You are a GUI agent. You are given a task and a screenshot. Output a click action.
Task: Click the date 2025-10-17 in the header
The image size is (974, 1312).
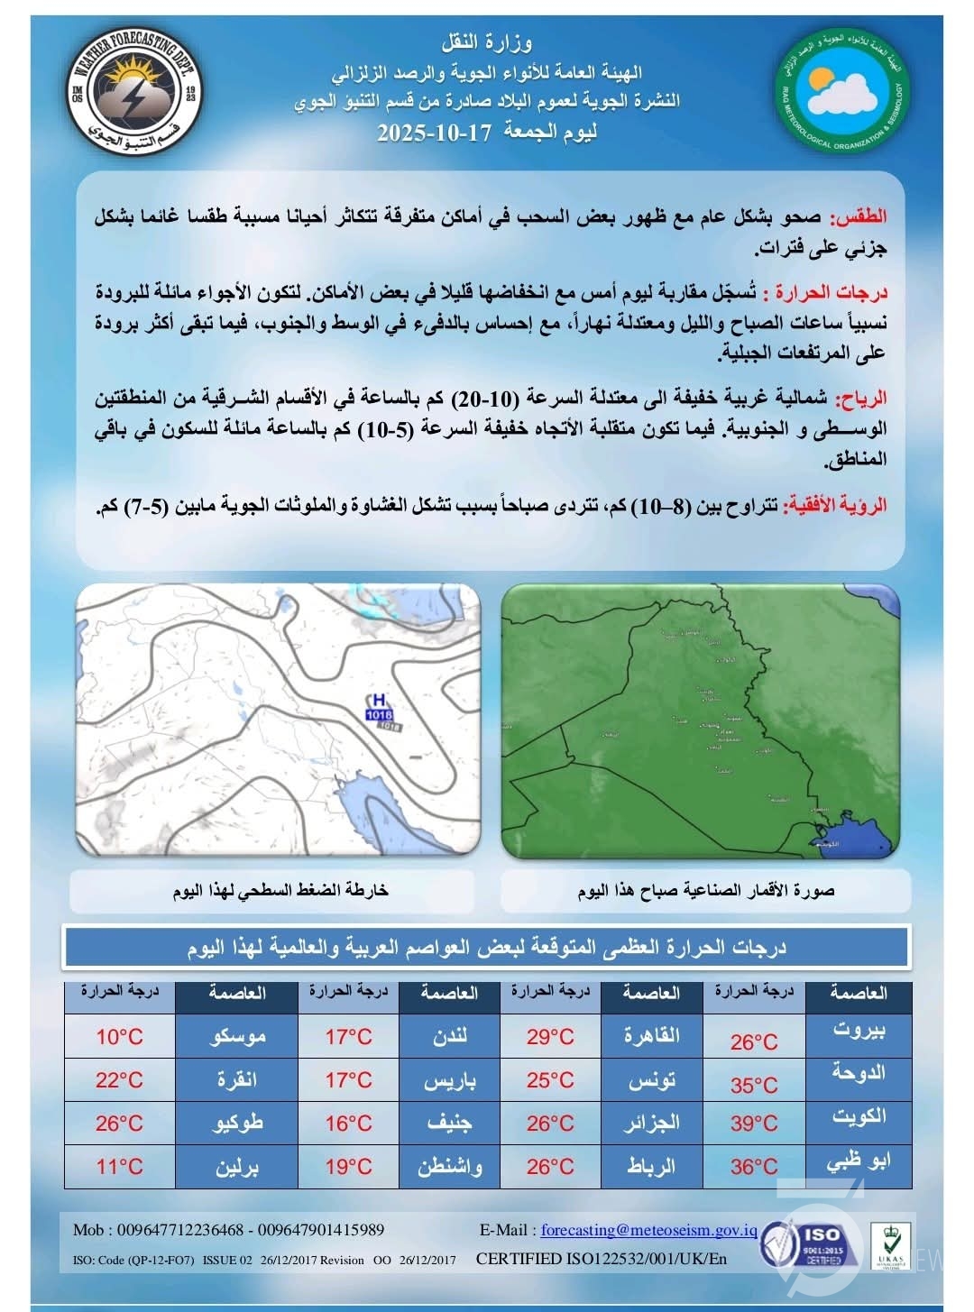434,132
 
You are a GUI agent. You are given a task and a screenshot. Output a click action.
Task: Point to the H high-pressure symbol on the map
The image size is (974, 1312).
379,699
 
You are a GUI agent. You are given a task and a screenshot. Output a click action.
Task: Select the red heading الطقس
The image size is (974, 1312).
863,217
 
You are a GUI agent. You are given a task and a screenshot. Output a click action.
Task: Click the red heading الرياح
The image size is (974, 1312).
861,398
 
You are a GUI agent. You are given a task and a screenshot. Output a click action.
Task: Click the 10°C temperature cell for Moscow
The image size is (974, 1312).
120,1037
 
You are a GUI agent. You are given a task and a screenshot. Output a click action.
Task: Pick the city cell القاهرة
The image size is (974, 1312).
652,1037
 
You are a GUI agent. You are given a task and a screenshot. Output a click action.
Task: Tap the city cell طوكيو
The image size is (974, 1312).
236,1124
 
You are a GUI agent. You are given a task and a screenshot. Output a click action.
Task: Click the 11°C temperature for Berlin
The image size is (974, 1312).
120,1167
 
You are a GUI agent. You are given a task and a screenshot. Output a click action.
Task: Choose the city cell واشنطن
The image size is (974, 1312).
450,1167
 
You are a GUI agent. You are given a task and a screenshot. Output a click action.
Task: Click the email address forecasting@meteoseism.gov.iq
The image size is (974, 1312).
648,1230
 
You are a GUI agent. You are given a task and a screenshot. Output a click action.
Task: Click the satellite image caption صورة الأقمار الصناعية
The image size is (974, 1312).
705,891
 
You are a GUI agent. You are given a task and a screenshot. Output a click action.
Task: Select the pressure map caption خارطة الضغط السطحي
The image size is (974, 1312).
280,891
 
